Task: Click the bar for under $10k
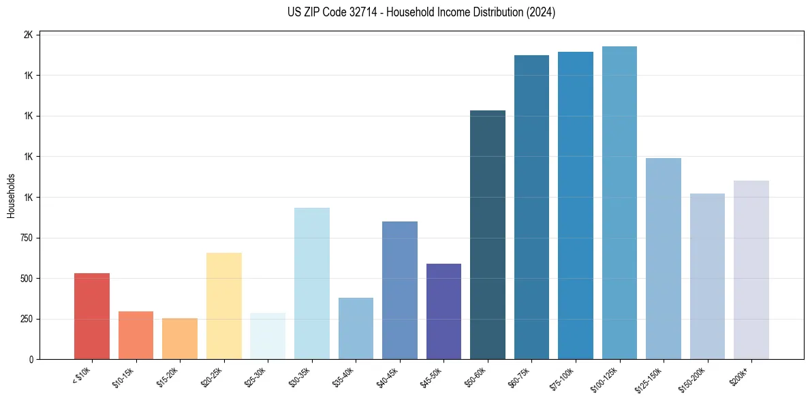tap(92, 316)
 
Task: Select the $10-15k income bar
tap(136, 335)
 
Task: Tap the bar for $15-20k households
tap(180, 339)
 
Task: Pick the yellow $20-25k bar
tap(223, 306)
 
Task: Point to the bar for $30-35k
tap(311, 283)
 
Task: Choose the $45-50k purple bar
tap(443, 311)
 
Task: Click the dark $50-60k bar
tap(488, 235)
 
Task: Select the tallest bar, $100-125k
tap(619, 203)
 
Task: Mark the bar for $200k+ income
tap(751, 270)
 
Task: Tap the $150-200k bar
tap(707, 277)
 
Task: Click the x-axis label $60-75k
tap(529, 377)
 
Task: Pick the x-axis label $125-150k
tap(659, 378)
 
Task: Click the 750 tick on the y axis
tap(26, 238)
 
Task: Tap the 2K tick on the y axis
tap(29, 35)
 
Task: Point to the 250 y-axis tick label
tap(26, 319)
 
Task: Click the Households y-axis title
tap(11, 196)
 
